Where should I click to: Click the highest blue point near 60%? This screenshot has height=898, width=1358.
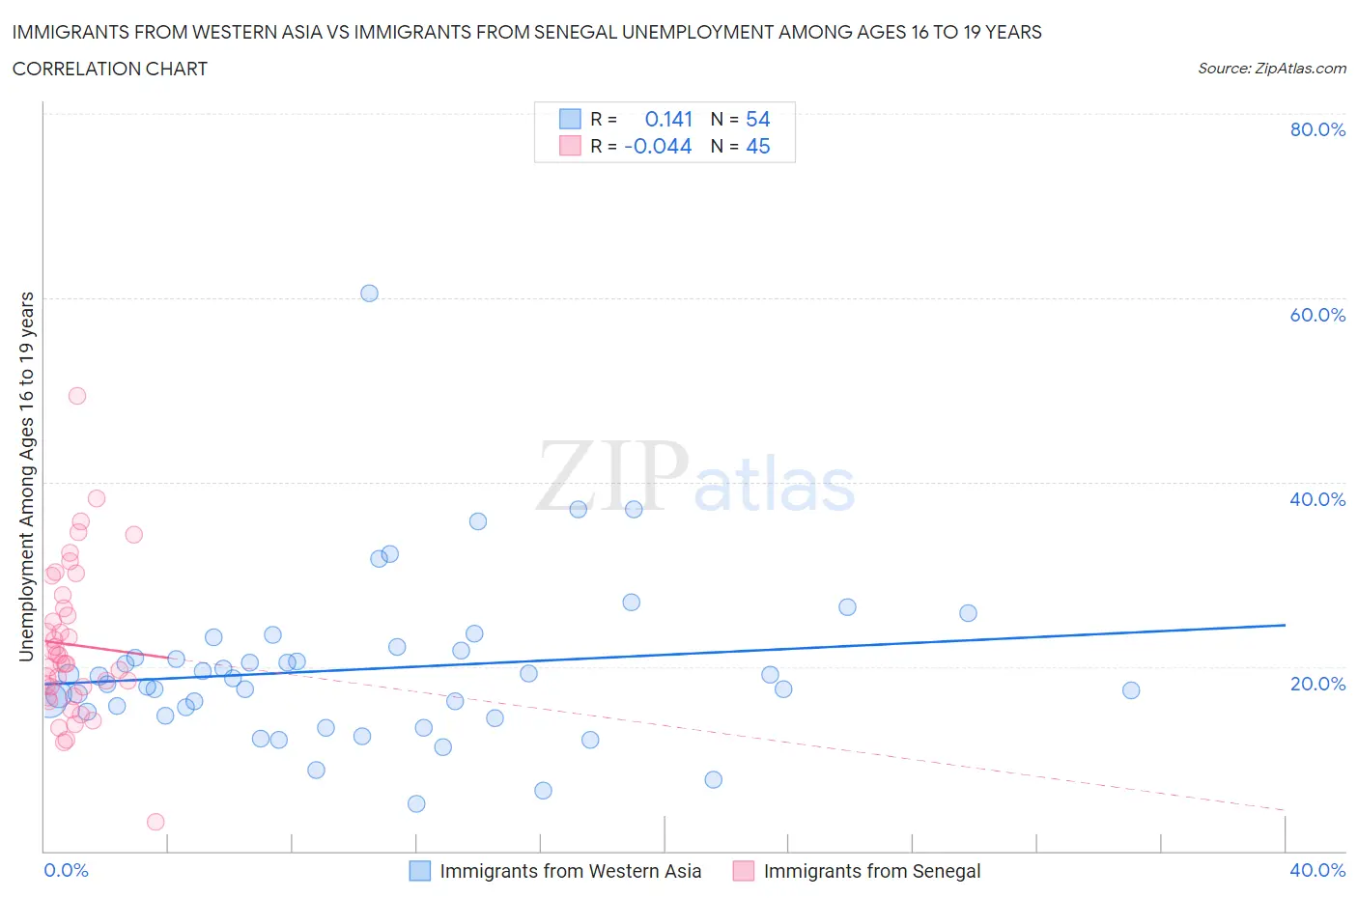[x=369, y=294]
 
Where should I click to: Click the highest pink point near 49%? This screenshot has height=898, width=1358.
[x=77, y=396]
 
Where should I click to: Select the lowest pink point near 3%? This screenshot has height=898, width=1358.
[x=156, y=822]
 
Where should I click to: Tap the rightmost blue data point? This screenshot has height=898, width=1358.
[x=1131, y=690]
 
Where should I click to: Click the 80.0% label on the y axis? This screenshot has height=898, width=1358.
[x=1317, y=129]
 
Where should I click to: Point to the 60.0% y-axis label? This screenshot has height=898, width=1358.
[x=1317, y=315]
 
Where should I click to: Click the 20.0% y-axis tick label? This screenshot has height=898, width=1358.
[x=1317, y=684]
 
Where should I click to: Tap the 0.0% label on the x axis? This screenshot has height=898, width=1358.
[x=67, y=870]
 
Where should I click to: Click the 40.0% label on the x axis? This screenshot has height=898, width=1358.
[x=1317, y=870]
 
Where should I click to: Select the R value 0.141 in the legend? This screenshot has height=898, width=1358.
[x=668, y=119]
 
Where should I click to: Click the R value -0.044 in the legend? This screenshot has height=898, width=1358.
[x=658, y=146]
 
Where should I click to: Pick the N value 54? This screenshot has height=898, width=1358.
[x=757, y=119]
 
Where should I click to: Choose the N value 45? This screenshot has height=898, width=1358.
[x=757, y=146]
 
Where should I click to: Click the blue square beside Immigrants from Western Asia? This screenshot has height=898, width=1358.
[x=420, y=871]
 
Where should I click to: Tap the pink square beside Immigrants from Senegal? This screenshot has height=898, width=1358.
[x=744, y=871]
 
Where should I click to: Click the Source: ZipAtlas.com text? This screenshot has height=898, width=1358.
[x=1271, y=68]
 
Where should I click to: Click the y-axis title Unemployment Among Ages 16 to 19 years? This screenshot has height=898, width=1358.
[x=27, y=477]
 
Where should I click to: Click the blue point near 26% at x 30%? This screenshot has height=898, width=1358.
[x=968, y=613]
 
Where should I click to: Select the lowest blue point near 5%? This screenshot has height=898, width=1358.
[x=416, y=803]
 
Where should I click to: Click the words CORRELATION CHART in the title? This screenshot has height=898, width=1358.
[x=110, y=69]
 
